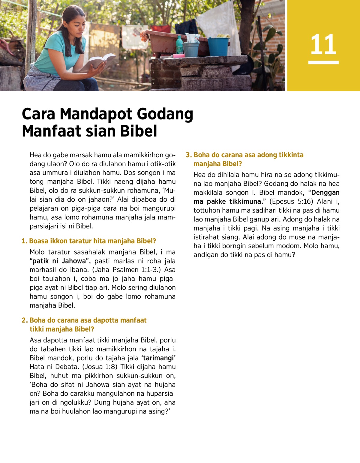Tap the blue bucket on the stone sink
pyautogui.click(x=218, y=46)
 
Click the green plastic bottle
pyautogui.click(x=179, y=45)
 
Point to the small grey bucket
pyautogui.click(x=191, y=49)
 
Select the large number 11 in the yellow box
pyautogui.click(x=323, y=45)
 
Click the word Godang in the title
pyautogui.click(x=165, y=114)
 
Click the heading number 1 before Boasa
pyautogui.click(x=24, y=241)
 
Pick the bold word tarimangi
pyautogui.click(x=158, y=358)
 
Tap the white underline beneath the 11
pyautogui.click(x=323, y=62)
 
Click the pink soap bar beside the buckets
pyautogui.click(x=178, y=56)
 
